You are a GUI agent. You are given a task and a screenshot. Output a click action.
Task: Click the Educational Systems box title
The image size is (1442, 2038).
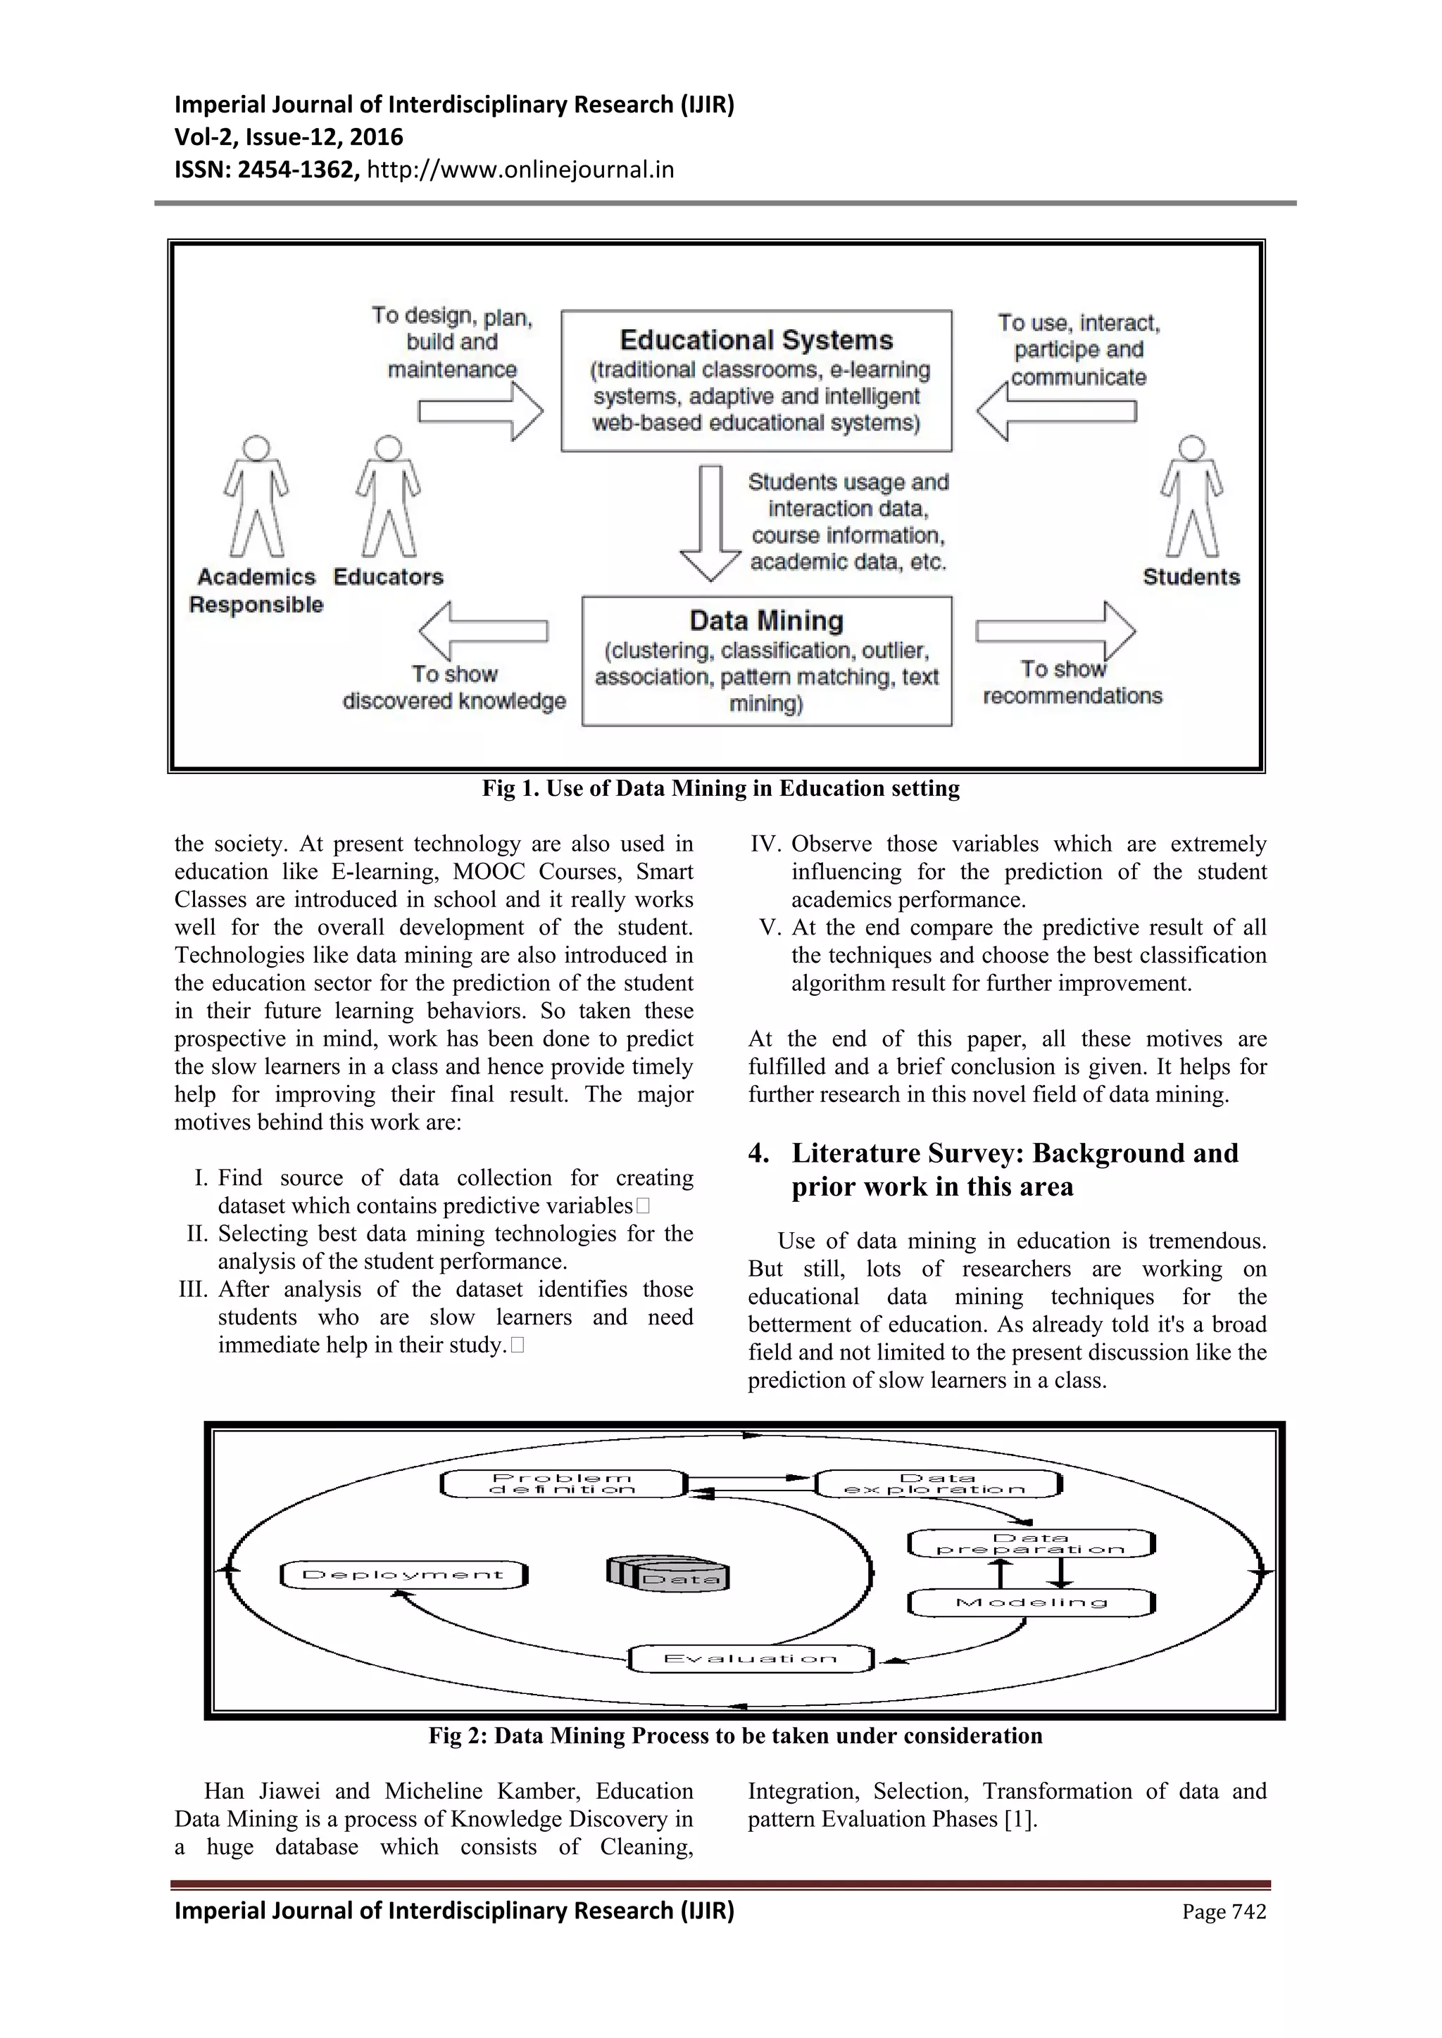(x=756, y=340)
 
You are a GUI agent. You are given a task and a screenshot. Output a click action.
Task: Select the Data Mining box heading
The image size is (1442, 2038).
(x=765, y=621)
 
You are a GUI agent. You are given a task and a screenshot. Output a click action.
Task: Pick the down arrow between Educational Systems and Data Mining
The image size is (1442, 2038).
(x=710, y=523)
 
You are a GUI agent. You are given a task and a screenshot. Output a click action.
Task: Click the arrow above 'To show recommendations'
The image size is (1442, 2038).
(x=1055, y=631)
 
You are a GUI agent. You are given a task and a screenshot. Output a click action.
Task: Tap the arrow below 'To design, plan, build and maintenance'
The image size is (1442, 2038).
(x=480, y=412)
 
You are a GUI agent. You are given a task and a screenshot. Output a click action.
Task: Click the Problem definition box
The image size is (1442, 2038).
(x=563, y=1483)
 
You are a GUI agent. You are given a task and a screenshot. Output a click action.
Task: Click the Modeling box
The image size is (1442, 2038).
(x=1031, y=1602)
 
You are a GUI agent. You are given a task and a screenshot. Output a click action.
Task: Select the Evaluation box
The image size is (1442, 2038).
(x=751, y=1658)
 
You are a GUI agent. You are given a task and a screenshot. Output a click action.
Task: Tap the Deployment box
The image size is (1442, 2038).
(x=403, y=1575)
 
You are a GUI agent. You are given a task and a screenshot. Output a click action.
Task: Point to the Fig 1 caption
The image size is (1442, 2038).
(x=720, y=788)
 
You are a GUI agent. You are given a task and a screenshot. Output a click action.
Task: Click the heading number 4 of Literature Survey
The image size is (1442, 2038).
(x=758, y=1153)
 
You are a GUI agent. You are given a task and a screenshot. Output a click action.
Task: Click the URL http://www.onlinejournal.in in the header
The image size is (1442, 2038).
(x=520, y=170)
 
